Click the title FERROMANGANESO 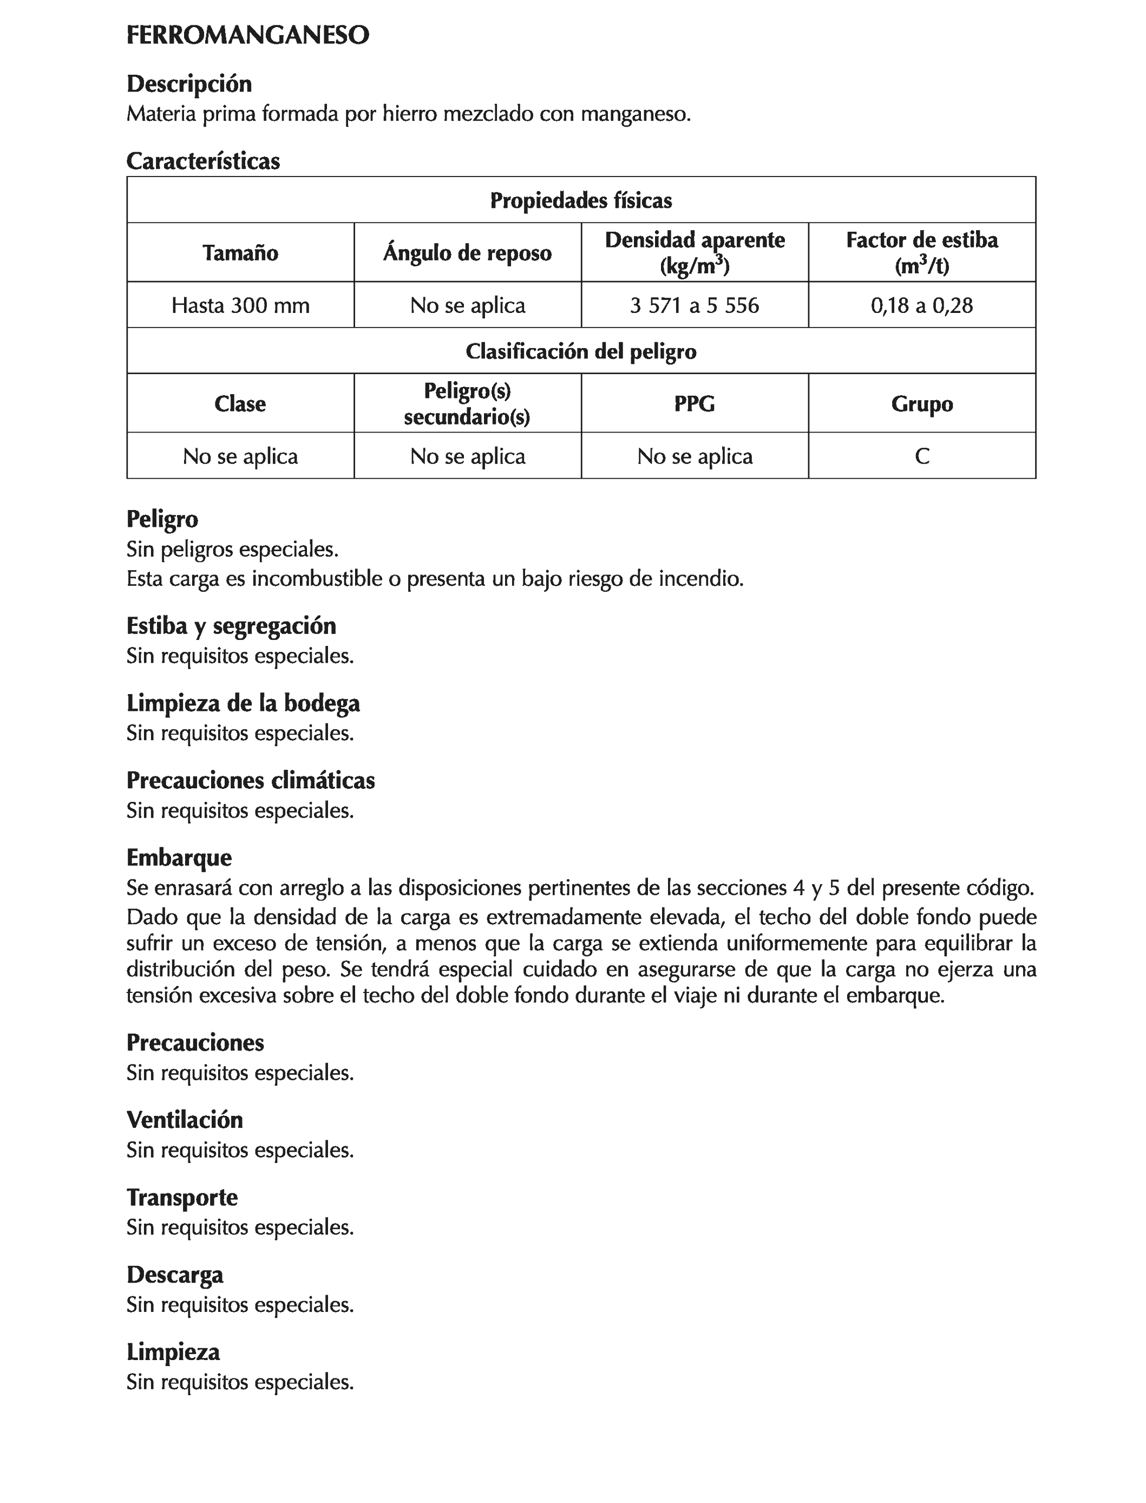point(247,36)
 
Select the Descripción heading point(189,84)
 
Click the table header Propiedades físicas point(580,200)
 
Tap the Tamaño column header point(240,253)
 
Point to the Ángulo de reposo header point(467,253)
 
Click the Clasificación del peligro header point(580,351)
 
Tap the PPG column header point(695,404)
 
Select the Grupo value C point(921,456)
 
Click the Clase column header point(240,404)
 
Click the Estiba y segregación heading point(231,626)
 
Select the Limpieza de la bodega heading point(243,703)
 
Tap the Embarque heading point(179,858)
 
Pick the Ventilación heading point(184,1120)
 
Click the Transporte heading point(182,1197)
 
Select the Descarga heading point(175,1275)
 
